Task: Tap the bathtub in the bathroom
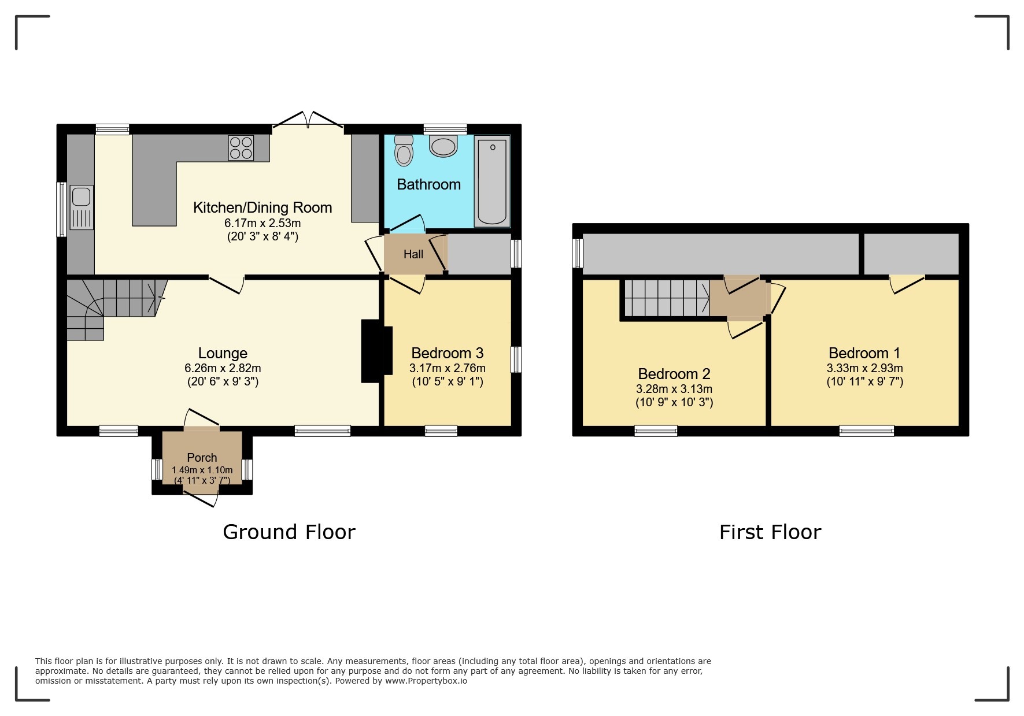[x=492, y=181]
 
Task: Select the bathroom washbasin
[x=443, y=146]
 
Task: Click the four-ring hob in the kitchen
[x=241, y=147]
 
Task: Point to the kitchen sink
[x=82, y=207]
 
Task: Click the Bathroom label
[x=428, y=184]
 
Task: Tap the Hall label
[x=413, y=254]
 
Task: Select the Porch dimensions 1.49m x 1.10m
[x=202, y=470]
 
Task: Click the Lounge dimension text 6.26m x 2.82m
[x=223, y=368]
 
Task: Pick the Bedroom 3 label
[x=448, y=353]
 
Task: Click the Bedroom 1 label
[x=864, y=353]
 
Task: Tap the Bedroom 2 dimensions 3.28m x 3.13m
[x=674, y=389]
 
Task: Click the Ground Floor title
[x=289, y=532]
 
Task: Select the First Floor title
[x=770, y=532]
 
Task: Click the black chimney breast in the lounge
[x=376, y=351]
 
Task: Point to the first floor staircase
[x=667, y=298]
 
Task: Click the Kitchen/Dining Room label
[x=263, y=207]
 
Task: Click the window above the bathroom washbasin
[x=445, y=129]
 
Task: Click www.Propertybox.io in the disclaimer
[x=426, y=681]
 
